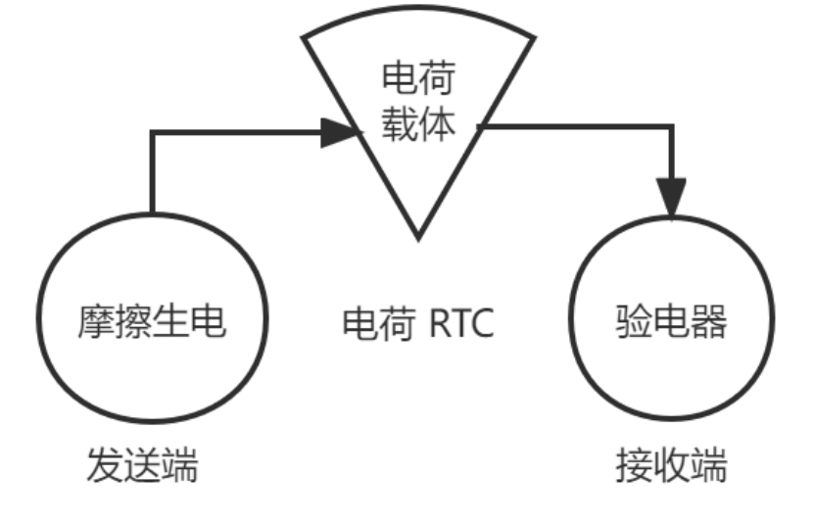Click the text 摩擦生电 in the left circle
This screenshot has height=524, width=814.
[x=152, y=321]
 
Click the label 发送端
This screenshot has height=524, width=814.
[x=143, y=464]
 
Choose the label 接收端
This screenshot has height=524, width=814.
[x=672, y=464]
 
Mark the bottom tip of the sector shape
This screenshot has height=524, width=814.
[x=418, y=238]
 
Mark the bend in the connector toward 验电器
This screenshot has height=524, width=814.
[x=671, y=125]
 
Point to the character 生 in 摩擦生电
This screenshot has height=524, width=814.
[x=170, y=321]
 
